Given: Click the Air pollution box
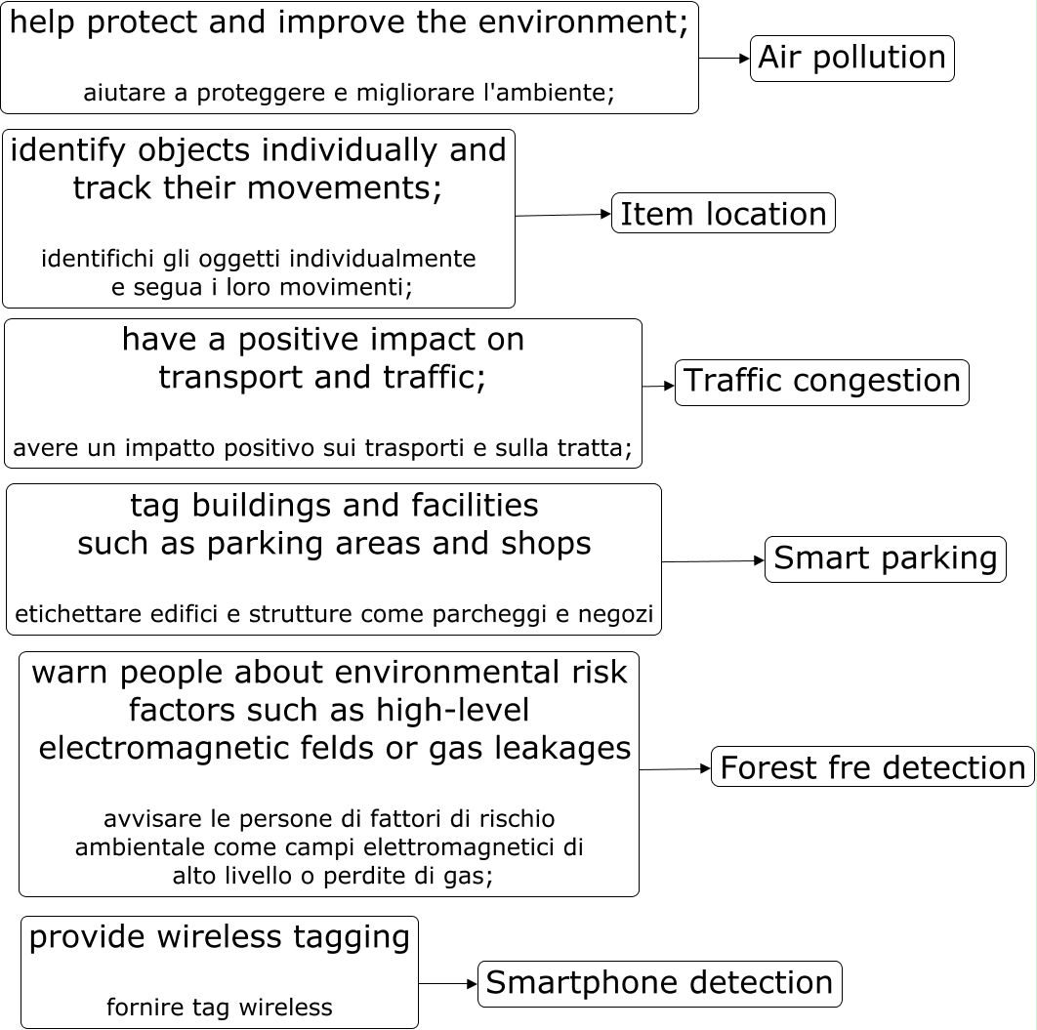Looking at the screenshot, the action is coord(851,59).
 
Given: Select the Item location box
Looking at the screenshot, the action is coord(724,214).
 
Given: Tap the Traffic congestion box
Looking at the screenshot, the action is coord(821,382).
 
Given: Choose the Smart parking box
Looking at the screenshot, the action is coord(885,559).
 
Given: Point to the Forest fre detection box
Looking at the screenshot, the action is coord(872,768).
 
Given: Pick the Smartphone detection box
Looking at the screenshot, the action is coord(659,983).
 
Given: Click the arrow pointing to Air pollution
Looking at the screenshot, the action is coord(725,59).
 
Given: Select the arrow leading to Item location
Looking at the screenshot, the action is coord(563,215).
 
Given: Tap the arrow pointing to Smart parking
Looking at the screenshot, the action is coord(713,561).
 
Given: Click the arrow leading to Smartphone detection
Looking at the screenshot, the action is coord(448,984).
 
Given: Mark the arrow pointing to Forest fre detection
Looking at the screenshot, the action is coord(675,769).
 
